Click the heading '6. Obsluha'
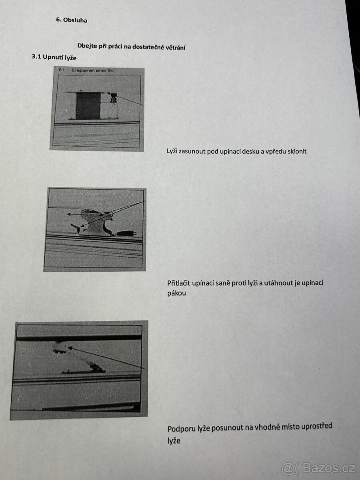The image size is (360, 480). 72,20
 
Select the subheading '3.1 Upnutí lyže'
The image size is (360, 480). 54,57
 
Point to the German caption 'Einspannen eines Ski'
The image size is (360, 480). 93,70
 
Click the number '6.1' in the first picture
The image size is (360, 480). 62,70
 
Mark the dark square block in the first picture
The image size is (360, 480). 88,106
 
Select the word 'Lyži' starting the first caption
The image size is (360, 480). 172,151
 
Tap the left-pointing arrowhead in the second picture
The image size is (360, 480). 69,214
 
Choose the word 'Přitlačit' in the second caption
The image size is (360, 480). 179,283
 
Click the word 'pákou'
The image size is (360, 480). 177,294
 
